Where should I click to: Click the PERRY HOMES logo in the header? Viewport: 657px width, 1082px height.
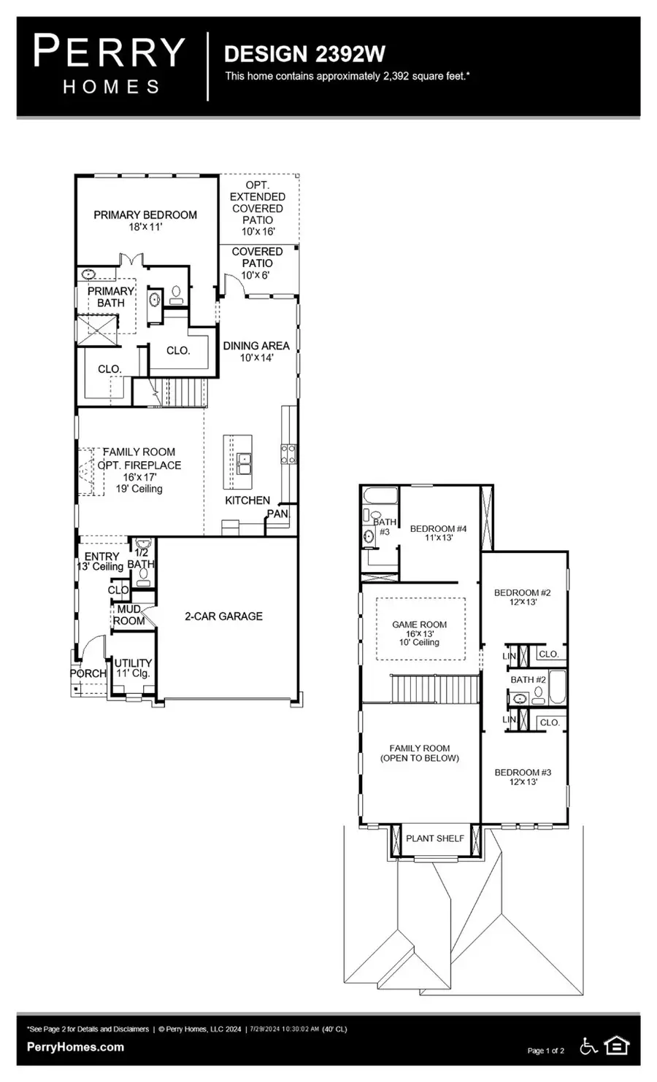pos(109,65)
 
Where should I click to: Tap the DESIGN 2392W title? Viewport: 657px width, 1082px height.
pos(304,54)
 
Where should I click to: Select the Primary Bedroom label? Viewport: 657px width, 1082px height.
pos(145,220)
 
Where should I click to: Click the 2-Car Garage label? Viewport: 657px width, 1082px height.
pos(223,617)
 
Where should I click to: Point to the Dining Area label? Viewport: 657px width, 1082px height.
pos(256,352)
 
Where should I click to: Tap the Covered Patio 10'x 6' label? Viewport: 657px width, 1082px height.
pos(257,263)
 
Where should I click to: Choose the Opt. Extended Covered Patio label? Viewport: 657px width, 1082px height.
pos(258,208)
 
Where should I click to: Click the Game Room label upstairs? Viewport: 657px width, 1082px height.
pos(419,633)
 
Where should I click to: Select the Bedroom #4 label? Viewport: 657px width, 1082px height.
pos(438,533)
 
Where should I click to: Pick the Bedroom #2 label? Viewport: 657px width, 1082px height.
pos(522,598)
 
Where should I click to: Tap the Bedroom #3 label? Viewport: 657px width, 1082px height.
pos(523,777)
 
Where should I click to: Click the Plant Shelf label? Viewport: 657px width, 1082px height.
pos(435,838)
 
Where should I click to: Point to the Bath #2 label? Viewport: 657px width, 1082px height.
pos(528,680)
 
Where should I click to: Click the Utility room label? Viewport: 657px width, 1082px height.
pos(133,668)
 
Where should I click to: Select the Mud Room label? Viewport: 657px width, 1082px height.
pos(128,615)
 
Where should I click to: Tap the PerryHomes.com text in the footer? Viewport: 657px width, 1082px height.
pos(75,1047)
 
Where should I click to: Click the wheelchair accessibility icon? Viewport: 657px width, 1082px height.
pos(588,1046)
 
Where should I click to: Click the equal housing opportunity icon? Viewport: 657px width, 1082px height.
pos(618,1046)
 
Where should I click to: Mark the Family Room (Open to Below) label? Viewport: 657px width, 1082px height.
pos(420,753)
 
